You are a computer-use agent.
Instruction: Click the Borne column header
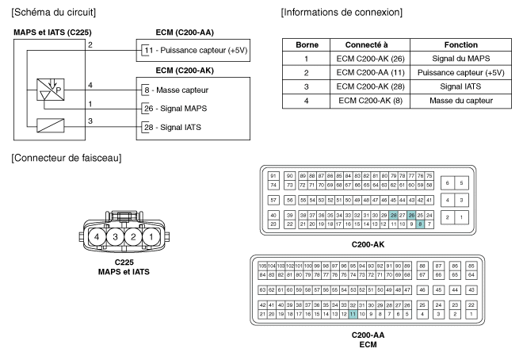coord(306,45)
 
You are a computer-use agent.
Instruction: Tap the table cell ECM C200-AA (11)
coord(372,72)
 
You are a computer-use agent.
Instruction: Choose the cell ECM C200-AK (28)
coord(372,86)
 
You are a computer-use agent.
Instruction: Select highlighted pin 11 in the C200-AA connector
coord(352,314)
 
